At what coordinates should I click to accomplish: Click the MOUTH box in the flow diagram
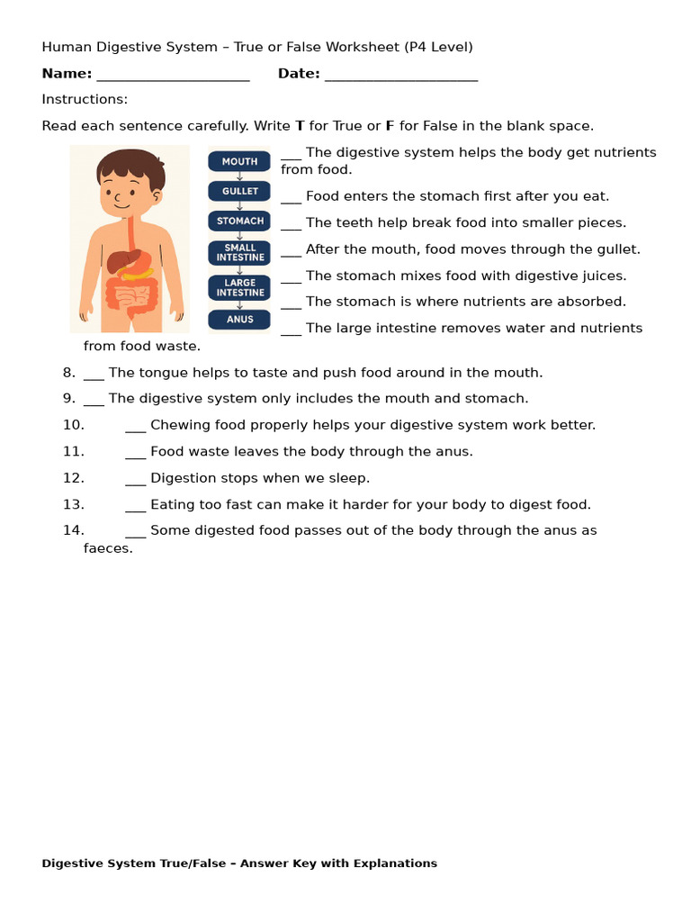point(239,162)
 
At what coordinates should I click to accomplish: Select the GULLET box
point(239,191)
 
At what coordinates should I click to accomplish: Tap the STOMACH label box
point(239,221)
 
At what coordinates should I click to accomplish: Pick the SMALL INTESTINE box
point(239,252)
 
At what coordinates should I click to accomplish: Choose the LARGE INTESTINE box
point(239,287)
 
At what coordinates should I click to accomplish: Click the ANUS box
point(239,319)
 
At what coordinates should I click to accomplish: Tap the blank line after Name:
point(173,75)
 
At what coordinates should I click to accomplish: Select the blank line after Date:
point(400,75)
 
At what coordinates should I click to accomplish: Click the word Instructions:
point(85,99)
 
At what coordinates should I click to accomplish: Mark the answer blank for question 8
point(94,374)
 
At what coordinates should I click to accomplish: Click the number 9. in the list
point(69,398)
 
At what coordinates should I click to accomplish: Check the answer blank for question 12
point(135,479)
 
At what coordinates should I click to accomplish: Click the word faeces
point(108,547)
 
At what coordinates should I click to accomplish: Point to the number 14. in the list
point(74,530)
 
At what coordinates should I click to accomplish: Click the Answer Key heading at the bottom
point(239,863)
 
